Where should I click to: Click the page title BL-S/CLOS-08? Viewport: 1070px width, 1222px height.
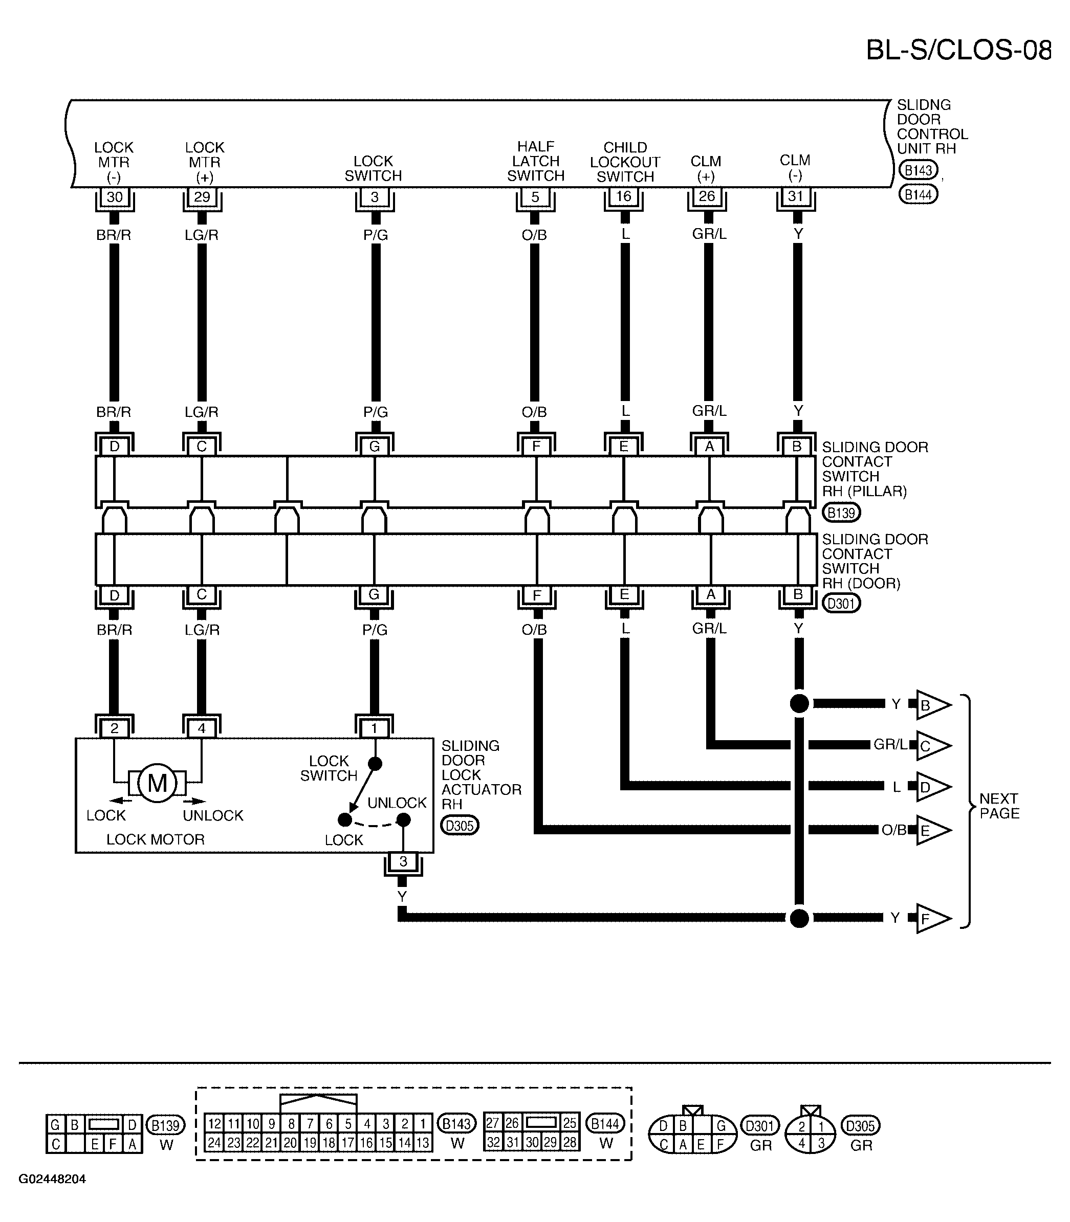(958, 50)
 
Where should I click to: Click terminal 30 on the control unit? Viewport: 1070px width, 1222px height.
(114, 197)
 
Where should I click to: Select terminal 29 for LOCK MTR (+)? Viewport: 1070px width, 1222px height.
(202, 197)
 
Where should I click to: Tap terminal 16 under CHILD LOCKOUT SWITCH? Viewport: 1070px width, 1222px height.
(623, 196)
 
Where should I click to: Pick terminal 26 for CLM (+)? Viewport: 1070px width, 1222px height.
(707, 196)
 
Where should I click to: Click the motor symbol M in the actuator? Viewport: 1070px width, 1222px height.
(157, 783)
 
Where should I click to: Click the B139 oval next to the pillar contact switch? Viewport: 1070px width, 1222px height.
(841, 512)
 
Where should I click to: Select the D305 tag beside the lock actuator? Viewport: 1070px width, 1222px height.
(460, 826)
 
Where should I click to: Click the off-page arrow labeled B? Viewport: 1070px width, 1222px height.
(932, 705)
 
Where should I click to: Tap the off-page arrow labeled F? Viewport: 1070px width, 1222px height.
(932, 919)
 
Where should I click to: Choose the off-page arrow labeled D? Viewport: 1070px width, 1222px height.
(932, 787)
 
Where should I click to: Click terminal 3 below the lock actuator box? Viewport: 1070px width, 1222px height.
(403, 861)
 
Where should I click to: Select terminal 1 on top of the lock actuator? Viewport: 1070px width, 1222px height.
(375, 728)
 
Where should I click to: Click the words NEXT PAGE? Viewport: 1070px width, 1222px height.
(999, 806)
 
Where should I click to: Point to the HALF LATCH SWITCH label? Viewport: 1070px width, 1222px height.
(536, 161)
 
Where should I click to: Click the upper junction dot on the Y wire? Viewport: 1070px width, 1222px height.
(799, 703)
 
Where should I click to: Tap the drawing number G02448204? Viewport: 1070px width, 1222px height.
(52, 1179)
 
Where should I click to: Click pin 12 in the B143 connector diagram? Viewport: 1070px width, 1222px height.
(215, 1123)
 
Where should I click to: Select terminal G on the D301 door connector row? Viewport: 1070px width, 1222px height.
(374, 594)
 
